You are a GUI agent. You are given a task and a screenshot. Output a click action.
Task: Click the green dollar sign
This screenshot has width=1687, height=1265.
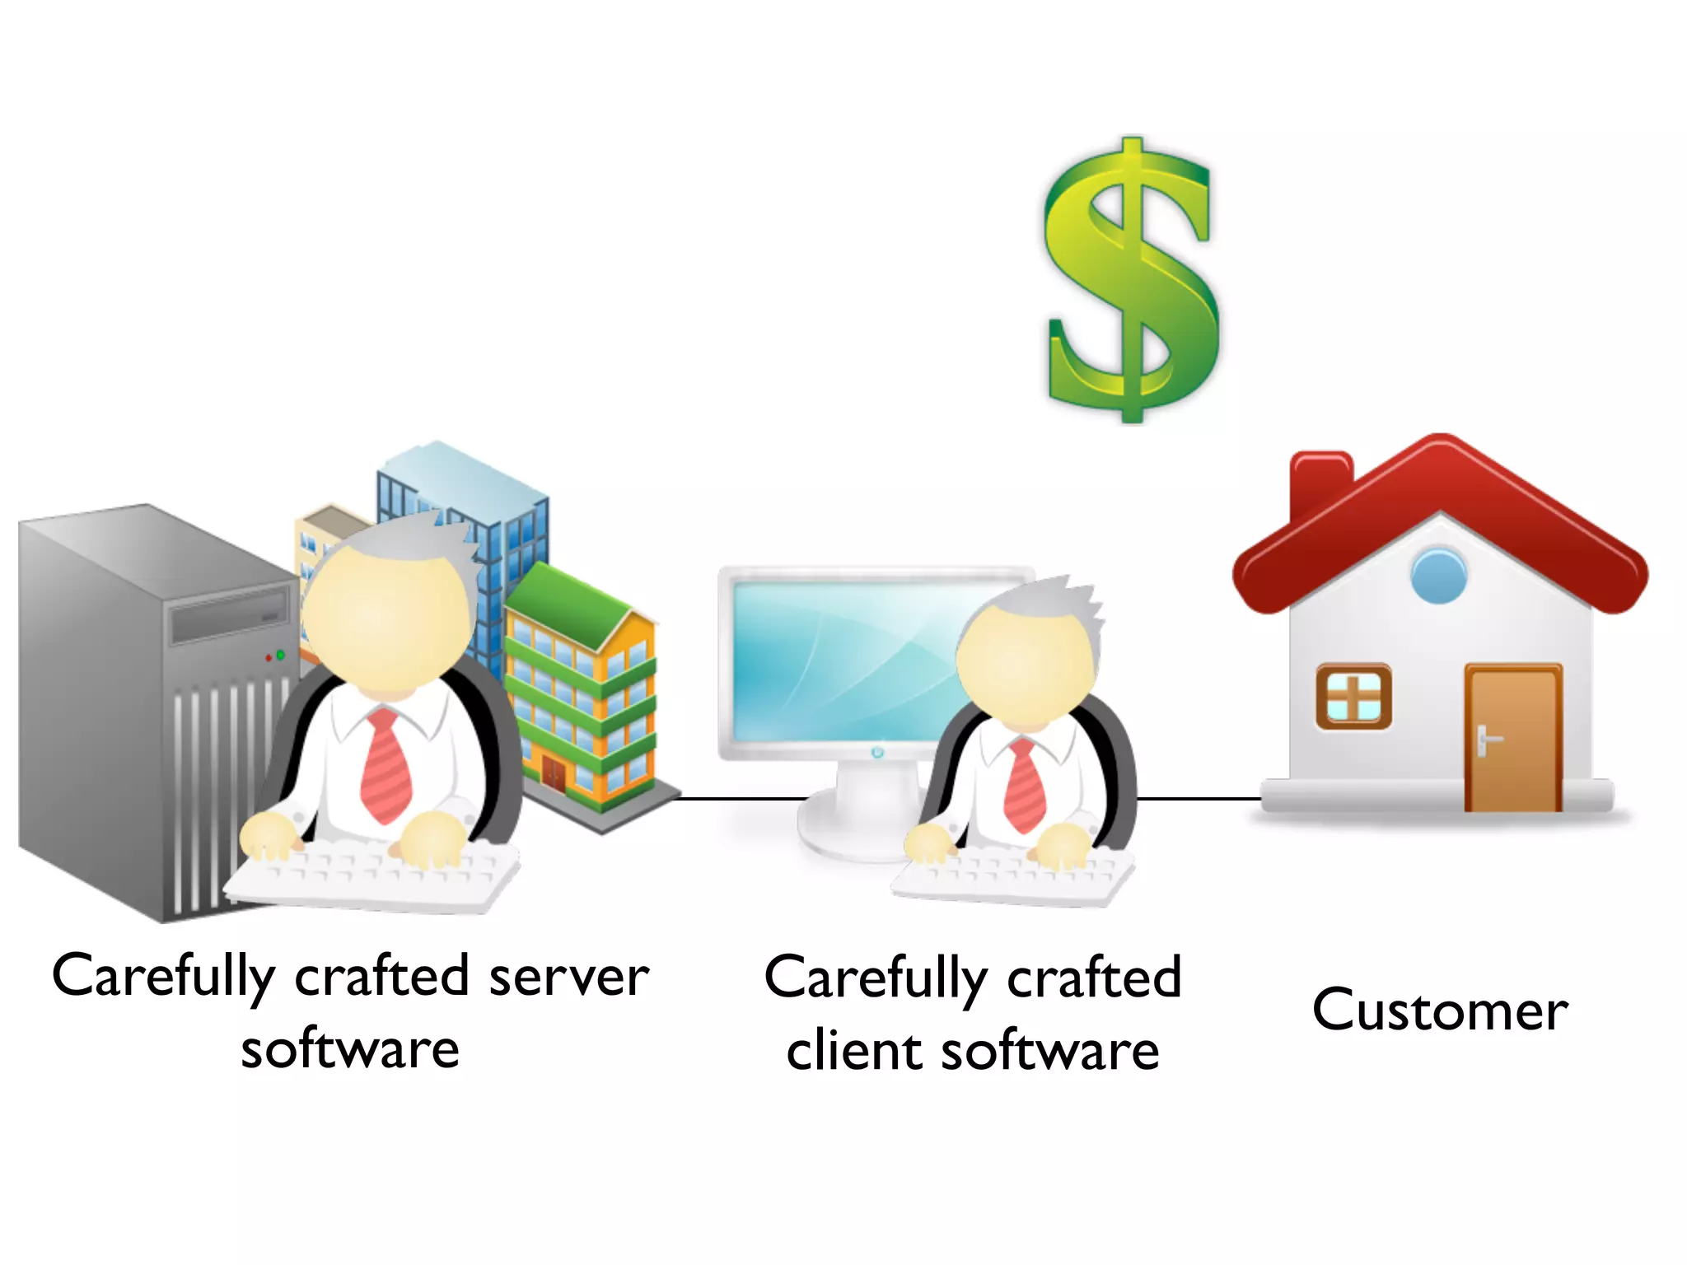tap(1130, 280)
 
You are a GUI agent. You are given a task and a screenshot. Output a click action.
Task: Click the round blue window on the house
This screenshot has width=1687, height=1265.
tap(1438, 575)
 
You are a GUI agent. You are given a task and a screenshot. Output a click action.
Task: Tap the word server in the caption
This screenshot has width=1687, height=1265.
tap(568, 978)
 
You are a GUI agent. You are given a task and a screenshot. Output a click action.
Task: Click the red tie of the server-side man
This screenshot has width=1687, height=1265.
tap(386, 766)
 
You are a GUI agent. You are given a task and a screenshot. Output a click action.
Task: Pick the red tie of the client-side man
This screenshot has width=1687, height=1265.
tap(1025, 787)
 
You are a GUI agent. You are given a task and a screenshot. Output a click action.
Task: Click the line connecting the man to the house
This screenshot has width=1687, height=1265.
tap(1199, 798)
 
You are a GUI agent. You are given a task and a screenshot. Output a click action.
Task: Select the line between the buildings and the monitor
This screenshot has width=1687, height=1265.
tap(741, 798)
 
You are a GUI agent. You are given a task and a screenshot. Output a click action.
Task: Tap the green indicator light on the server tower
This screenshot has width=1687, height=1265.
tap(280, 655)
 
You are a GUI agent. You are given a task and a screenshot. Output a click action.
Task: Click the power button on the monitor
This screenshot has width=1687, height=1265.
tap(876, 752)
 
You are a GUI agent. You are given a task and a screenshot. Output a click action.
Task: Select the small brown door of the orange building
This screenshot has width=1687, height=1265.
tap(554, 773)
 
